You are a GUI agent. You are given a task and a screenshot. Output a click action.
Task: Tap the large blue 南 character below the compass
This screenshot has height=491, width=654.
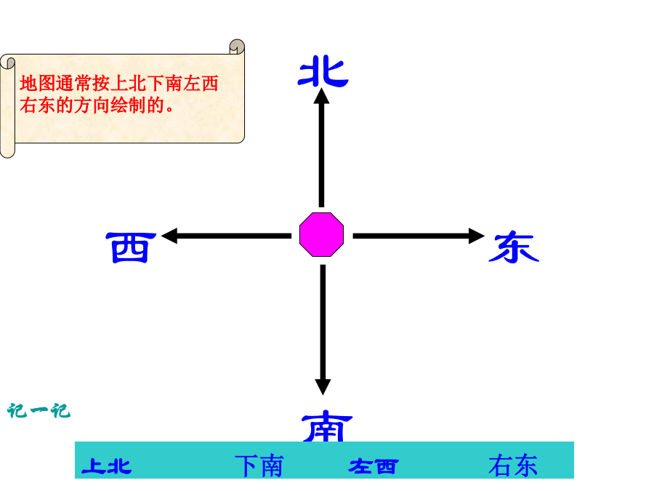tap(327, 427)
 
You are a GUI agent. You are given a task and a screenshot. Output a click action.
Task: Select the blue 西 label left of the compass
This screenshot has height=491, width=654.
tap(131, 247)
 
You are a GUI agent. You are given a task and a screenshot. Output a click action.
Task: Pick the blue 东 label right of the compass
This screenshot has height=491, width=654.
tap(514, 248)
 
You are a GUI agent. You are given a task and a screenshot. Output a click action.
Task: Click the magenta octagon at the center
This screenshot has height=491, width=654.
tap(322, 235)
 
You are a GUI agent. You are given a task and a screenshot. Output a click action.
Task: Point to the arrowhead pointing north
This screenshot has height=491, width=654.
tap(322, 96)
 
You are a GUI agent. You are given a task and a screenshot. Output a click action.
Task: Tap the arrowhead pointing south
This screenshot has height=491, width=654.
tap(323, 387)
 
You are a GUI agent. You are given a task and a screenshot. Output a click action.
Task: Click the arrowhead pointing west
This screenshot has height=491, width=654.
tap(169, 236)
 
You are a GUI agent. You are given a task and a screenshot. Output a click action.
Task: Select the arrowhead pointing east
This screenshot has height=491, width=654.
tap(477, 236)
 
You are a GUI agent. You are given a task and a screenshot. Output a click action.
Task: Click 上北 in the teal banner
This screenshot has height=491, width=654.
tap(107, 466)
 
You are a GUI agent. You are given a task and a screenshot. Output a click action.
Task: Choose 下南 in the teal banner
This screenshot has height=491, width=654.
tap(259, 466)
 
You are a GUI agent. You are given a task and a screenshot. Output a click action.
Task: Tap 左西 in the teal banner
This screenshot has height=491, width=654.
tap(374, 466)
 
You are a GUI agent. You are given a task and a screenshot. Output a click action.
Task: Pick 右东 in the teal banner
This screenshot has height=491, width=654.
tap(513, 465)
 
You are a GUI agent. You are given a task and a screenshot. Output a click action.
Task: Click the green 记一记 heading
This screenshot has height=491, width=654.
tap(39, 411)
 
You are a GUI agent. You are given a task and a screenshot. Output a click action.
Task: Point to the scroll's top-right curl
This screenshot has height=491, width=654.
tap(237, 47)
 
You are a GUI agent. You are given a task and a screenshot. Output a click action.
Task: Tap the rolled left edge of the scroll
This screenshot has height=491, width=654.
tap(7, 106)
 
